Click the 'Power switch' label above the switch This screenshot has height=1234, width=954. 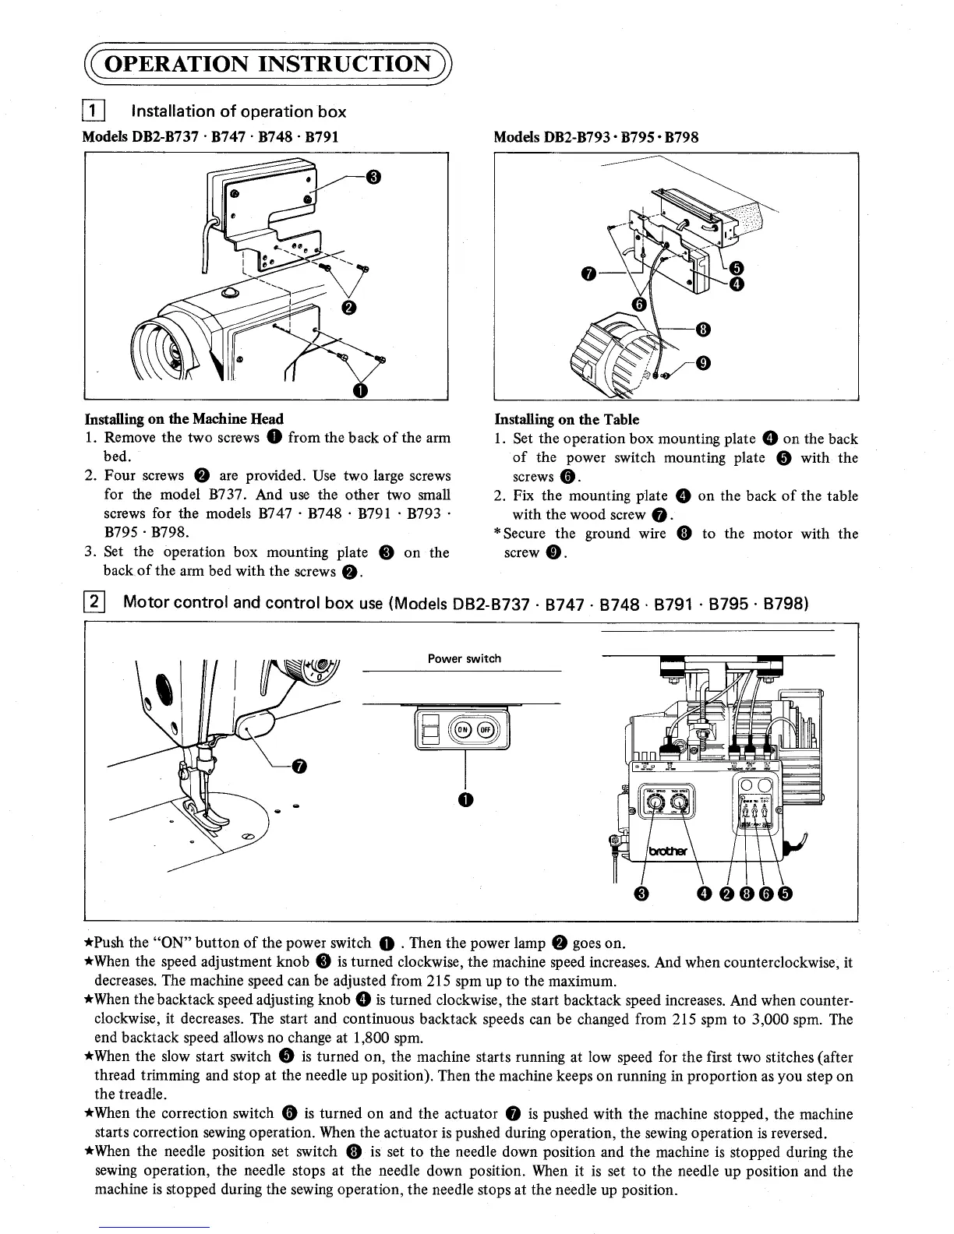465,658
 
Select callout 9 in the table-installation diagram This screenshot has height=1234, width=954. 702,363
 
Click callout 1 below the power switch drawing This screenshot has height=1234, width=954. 465,799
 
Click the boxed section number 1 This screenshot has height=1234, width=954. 92,112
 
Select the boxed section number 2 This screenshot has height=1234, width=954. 93,602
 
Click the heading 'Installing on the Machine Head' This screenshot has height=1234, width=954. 184,419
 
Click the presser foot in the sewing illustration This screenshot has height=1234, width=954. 204,810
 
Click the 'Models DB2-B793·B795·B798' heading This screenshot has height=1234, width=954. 596,137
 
